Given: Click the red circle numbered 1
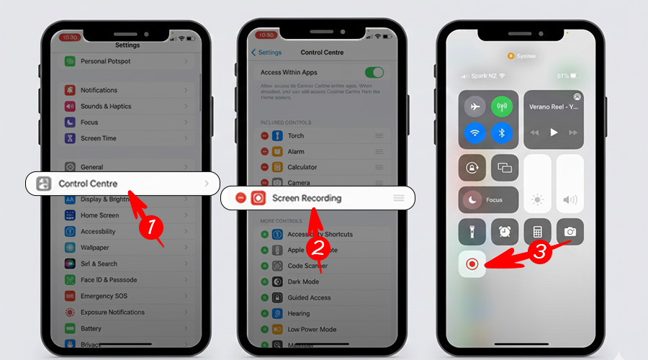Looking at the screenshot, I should click(x=150, y=228).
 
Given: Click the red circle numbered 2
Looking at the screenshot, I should click(x=318, y=248).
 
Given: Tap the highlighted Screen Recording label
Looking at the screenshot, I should click(x=307, y=198).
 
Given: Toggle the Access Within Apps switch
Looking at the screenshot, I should click(x=374, y=72).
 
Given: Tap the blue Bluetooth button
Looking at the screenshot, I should click(x=502, y=132).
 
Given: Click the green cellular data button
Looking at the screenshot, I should click(x=502, y=107).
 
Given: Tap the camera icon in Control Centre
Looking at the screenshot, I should click(x=570, y=232).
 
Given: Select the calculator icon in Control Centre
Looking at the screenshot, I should click(x=537, y=232).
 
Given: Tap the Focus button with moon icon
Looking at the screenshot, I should click(x=488, y=199).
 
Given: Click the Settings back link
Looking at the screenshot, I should click(x=266, y=53).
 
